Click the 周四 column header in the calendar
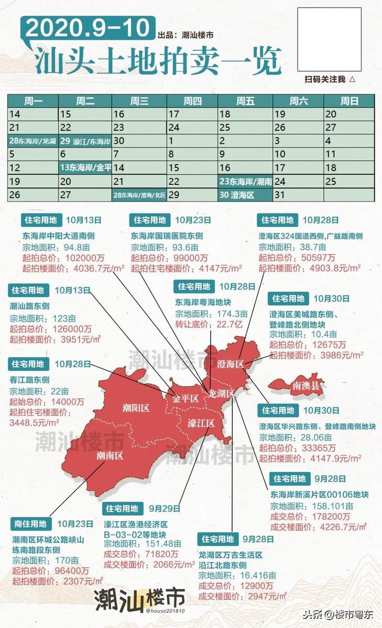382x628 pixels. coord(192,101)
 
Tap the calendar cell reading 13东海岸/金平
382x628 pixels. coord(85,167)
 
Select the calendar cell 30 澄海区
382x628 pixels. coord(245,194)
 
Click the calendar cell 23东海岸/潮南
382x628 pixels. coord(245,181)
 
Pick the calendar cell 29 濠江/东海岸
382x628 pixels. coord(85,141)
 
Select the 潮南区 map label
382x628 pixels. coord(110,455)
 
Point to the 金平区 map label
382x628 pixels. coord(186,398)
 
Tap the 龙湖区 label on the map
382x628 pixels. coord(220,393)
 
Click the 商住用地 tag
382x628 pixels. coord(30,523)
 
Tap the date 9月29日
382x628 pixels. coord(165,508)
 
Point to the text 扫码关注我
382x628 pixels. coord(325,79)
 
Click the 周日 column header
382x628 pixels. coord(349,101)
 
